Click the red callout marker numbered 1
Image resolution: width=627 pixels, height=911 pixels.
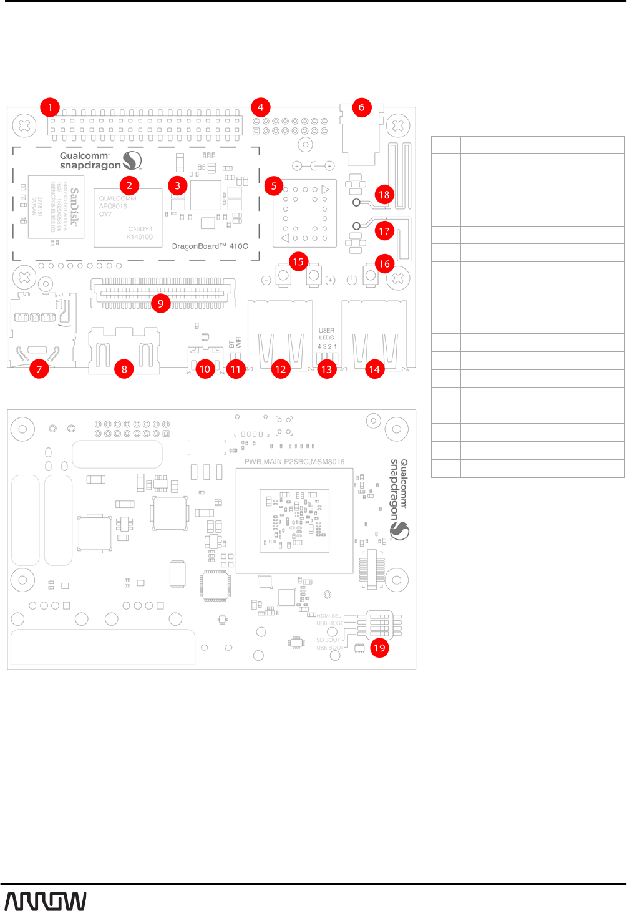point(50,107)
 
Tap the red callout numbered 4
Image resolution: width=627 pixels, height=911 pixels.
point(261,107)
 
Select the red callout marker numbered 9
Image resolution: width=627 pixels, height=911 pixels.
point(160,303)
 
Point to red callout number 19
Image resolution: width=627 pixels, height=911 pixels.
point(379,648)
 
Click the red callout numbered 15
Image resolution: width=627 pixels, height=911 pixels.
point(298,262)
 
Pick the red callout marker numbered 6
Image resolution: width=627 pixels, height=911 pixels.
point(361,107)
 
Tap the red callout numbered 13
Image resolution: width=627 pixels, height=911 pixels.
point(326,369)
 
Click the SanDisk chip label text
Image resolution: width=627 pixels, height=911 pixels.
point(74,207)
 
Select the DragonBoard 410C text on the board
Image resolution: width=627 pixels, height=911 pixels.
point(210,246)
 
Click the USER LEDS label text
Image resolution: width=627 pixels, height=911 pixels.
point(326,334)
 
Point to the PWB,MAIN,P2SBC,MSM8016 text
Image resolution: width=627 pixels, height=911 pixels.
point(294,462)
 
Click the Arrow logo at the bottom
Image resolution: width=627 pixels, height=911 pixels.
point(46,901)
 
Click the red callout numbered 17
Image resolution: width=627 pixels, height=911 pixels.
point(384,231)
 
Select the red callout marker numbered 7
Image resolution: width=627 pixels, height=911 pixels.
point(39,369)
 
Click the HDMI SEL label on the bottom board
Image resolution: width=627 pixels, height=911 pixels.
point(329,616)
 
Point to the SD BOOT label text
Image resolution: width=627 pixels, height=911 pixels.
point(328,640)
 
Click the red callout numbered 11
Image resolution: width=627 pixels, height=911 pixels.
point(235,369)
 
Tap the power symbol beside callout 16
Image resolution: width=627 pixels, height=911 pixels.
point(352,280)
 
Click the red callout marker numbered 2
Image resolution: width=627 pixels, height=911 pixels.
point(129,185)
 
